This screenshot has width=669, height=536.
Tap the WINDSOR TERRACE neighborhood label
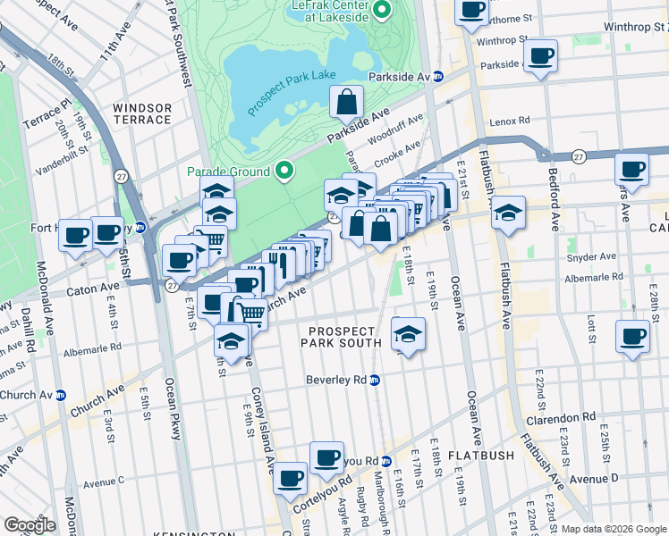click(x=141, y=113)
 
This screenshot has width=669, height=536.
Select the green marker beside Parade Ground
click(x=284, y=171)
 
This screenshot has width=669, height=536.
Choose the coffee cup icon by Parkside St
click(x=540, y=56)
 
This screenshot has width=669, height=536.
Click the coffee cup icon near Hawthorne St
click(x=471, y=11)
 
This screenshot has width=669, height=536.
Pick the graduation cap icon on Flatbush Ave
click(x=507, y=213)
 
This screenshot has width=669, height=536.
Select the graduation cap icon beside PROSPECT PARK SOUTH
click(x=408, y=334)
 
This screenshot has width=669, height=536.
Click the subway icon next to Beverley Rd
click(x=375, y=380)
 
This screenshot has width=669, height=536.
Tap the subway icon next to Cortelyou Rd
click(x=385, y=461)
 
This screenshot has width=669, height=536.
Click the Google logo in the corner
click(x=30, y=524)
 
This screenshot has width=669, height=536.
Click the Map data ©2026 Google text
click(x=613, y=529)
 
